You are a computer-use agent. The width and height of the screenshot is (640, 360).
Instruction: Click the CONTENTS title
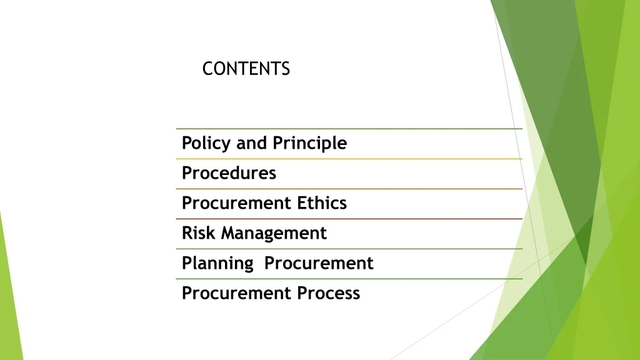click(x=246, y=69)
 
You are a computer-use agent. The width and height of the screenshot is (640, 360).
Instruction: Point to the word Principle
click(x=310, y=143)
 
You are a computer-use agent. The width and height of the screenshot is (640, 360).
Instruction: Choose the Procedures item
click(x=229, y=173)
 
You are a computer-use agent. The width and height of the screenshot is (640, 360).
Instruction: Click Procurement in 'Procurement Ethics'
click(x=236, y=203)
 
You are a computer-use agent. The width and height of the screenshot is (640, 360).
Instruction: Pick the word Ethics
click(x=322, y=203)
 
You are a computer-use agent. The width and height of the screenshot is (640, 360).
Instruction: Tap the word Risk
click(x=198, y=233)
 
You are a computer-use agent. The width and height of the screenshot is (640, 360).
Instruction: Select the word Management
click(x=274, y=234)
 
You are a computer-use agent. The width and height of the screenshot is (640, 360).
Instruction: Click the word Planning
click(x=217, y=263)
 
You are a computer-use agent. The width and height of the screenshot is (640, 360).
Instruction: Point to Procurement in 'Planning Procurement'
click(x=319, y=263)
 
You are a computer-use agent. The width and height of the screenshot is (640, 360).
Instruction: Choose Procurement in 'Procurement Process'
click(x=236, y=293)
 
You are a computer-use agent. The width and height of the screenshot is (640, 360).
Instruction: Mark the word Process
click(x=329, y=293)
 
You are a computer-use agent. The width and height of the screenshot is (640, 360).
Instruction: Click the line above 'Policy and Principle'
click(x=349, y=129)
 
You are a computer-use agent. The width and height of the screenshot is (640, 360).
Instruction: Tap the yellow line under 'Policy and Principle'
click(x=349, y=159)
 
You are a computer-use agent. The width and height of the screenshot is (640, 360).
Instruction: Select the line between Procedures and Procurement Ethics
click(x=349, y=189)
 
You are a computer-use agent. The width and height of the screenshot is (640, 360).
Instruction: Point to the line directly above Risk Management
click(x=349, y=219)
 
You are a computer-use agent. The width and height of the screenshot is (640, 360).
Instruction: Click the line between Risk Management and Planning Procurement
click(x=349, y=249)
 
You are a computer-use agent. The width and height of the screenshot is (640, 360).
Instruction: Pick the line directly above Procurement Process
click(x=349, y=279)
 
